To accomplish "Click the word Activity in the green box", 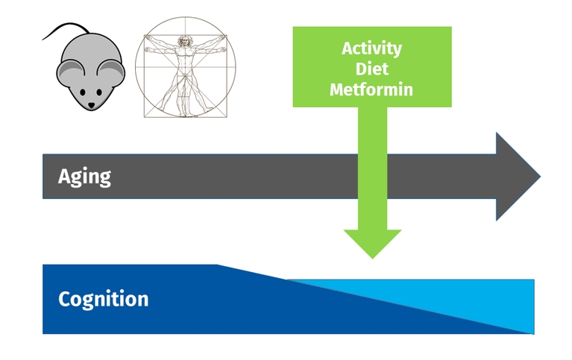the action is (371, 49).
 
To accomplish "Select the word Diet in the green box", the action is (371, 69).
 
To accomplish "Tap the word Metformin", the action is (371, 89).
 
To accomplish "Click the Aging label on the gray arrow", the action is (84, 177).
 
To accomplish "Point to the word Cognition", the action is (104, 300).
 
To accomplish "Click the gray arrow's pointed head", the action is (518, 177).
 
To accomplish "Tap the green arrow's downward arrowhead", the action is (372, 244).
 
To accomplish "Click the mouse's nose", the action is (91, 105).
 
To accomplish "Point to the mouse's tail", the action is (66, 29).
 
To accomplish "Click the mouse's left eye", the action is (83, 92).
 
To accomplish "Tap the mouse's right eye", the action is (99, 92).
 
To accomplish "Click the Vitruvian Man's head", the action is (185, 40).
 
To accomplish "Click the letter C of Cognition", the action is (65, 299).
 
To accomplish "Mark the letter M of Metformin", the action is (337, 89).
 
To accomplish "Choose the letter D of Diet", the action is (361, 69).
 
